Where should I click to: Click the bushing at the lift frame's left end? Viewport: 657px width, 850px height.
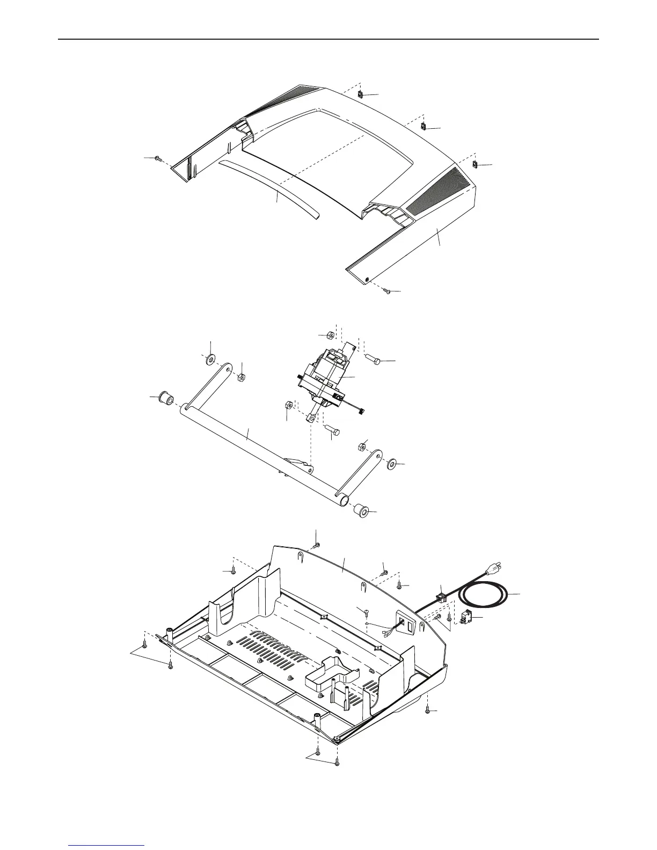click(x=164, y=399)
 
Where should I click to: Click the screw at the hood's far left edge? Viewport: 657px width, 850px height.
click(x=157, y=159)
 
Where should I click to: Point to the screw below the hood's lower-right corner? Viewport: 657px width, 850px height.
click(x=386, y=290)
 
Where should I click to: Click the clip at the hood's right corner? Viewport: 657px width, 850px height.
click(x=475, y=164)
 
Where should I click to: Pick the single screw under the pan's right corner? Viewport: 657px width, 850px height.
click(x=427, y=710)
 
